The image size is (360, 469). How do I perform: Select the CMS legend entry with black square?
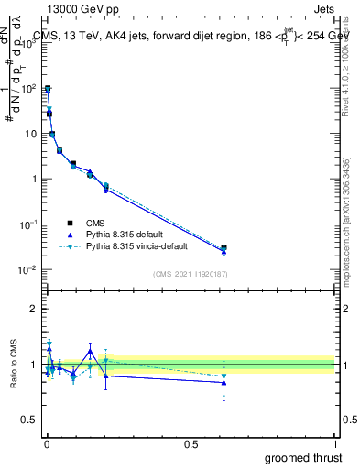(95, 223)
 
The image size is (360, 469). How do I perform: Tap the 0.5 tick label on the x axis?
(191, 442)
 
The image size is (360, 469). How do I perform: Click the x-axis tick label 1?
(336, 442)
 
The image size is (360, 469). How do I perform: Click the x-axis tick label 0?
(47, 442)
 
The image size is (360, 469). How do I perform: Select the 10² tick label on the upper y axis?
(29, 89)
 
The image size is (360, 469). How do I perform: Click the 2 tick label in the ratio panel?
(34, 309)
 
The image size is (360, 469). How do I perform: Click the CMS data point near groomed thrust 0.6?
(224, 247)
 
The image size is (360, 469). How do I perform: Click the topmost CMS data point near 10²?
(48, 89)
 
